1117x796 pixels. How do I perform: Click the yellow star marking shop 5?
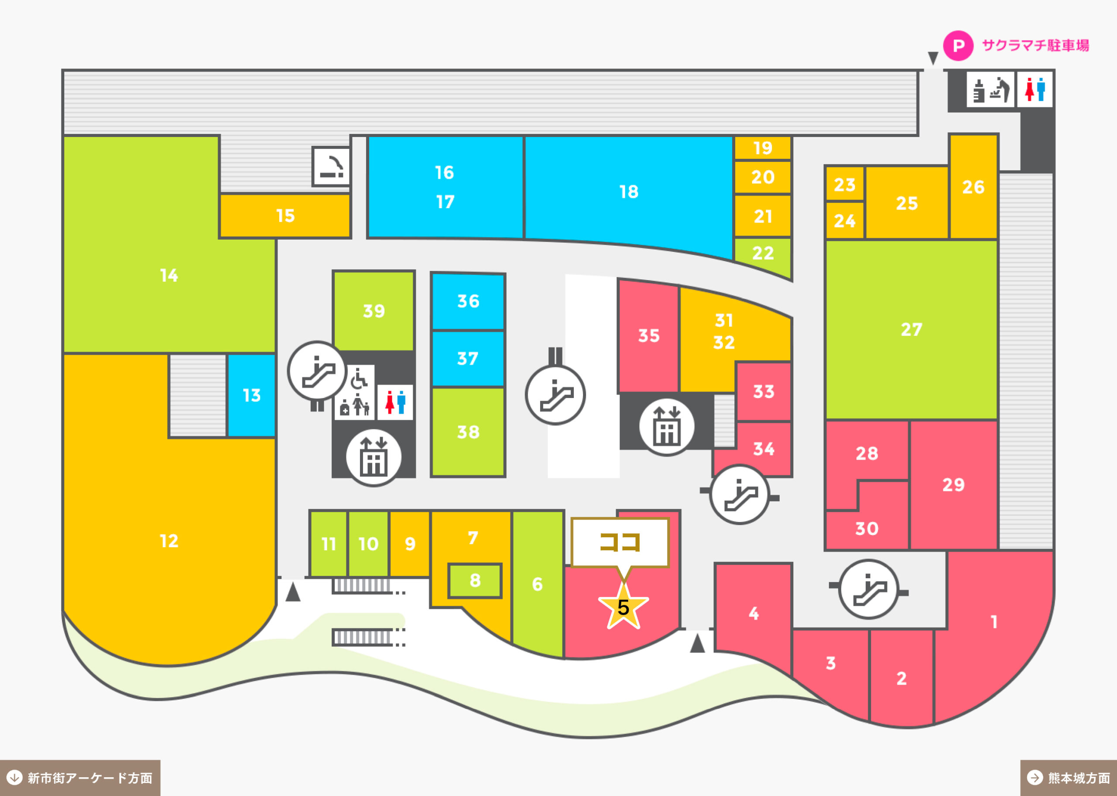[623, 606]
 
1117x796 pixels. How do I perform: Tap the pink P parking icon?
[958, 45]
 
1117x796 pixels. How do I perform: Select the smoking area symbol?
[332, 167]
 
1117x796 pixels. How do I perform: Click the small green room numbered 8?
[475, 581]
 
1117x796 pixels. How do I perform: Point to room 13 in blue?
[251, 395]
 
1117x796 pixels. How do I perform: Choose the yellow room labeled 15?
[285, 216]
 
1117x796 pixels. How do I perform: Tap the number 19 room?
[762, 148]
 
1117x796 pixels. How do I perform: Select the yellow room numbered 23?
[845, 184]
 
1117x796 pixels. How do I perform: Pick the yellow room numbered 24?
[845, 220]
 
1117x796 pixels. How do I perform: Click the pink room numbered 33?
[763, 391]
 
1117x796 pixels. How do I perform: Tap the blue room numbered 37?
[468, 358]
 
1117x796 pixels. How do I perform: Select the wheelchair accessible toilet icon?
[359, 378]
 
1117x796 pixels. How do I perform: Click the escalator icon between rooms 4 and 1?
[869, 589]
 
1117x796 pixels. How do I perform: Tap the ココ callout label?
[620, 542]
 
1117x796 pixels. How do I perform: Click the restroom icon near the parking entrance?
[1034, 89]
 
